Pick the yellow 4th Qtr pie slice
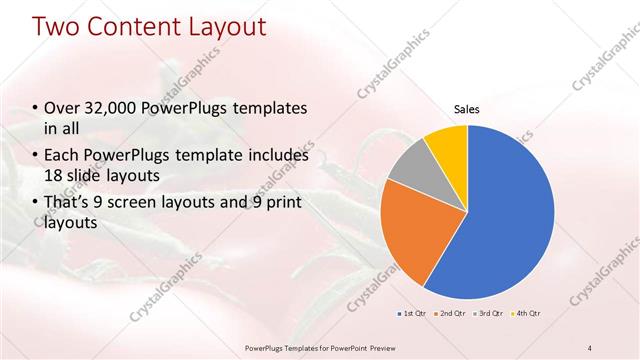448,145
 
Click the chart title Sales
467,108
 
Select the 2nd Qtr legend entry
451,314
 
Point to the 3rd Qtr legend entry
491,314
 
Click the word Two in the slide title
57,27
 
